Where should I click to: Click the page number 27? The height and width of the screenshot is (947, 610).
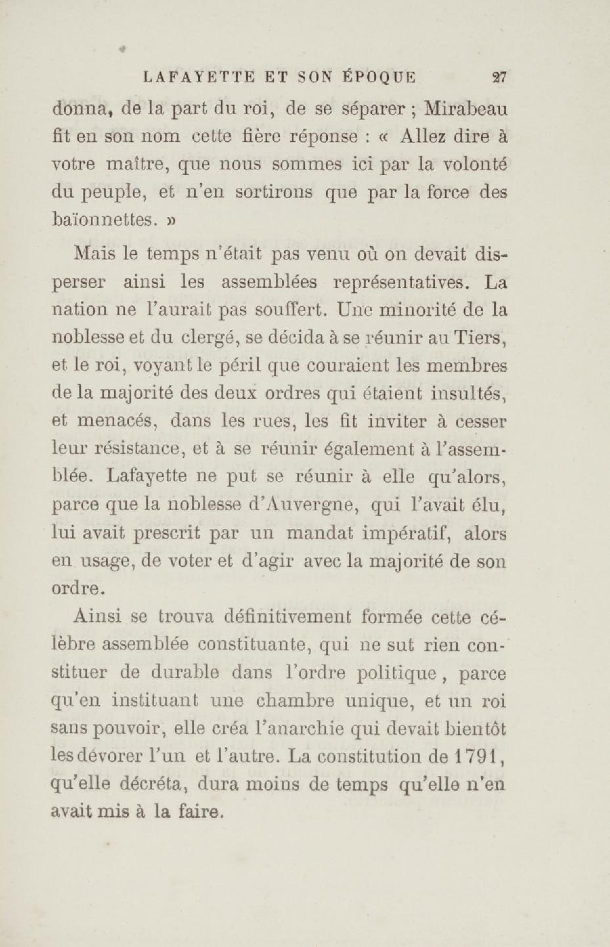(499, 77)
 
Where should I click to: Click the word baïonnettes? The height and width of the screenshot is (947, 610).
(102, 220)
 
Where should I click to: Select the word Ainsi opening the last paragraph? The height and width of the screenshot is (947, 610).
(97, 617)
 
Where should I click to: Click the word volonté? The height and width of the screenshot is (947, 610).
(474, 165)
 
